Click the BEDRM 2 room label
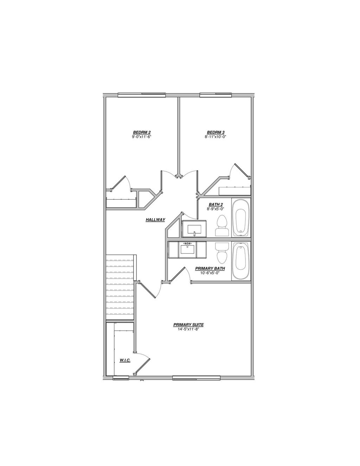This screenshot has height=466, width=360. pos(141,132)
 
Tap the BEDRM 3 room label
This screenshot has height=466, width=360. pos(216,132)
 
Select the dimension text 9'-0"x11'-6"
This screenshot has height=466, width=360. pos(141,137)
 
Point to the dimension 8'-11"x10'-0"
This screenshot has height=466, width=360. pos(216,137)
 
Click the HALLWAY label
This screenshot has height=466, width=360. pos(155,220)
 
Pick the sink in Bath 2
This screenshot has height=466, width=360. pos(194,229)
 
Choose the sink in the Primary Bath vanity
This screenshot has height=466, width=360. pos(187,249)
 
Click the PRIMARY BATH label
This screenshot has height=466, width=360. pos(210,268)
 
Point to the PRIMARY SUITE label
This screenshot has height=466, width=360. pos(188,325)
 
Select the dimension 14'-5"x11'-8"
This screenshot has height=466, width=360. pos(188,329)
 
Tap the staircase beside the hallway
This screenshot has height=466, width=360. pos(120,286)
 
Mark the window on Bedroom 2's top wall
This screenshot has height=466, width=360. pos(141,95)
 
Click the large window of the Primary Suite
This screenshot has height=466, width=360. pos(197,378)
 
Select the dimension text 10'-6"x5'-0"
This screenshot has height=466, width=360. pos(210,273)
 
